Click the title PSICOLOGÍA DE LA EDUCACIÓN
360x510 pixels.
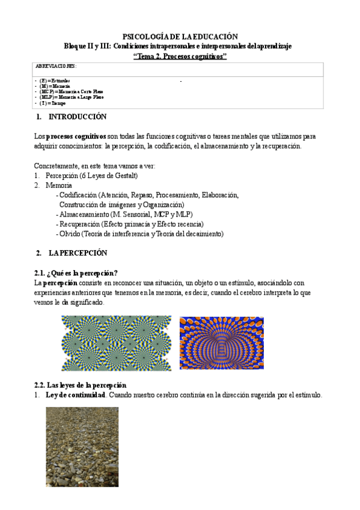180,36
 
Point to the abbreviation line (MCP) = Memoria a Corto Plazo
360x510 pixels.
72,91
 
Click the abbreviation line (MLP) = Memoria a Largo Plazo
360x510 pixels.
72,97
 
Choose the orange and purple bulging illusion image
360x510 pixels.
221,343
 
